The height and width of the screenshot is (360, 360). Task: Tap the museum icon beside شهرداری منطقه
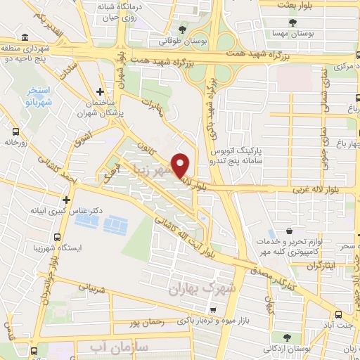(25, 37)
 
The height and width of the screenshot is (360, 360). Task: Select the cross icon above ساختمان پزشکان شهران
(100, 91)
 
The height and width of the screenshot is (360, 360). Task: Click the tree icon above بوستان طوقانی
(183, 30)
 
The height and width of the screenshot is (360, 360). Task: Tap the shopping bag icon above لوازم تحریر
(289, 231)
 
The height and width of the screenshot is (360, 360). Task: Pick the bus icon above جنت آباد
(339, 314)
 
